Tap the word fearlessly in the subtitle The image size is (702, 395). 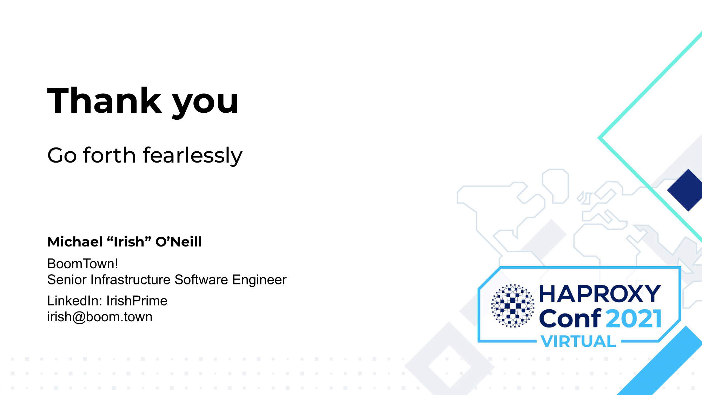192,156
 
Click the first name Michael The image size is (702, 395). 75,242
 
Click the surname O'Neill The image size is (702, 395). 179,242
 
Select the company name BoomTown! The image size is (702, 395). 82,264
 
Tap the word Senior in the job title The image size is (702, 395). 67,280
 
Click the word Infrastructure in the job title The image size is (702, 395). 131,280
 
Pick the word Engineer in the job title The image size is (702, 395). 259,280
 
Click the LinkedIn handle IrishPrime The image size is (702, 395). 137,301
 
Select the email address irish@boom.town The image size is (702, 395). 100,317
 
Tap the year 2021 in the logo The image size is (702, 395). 634,318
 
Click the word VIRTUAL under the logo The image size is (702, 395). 578,341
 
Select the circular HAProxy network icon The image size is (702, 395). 512,306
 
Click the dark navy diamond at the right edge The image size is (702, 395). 686,190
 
